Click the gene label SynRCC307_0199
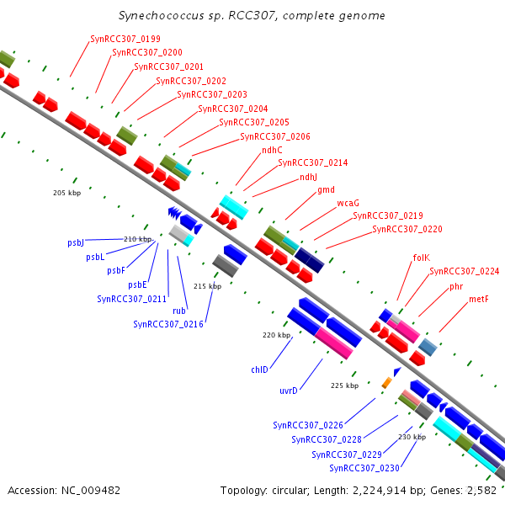click(x=125, y=39)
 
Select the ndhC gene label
click(x=272, y=150)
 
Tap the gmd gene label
click(x=326, y=190)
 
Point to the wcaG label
click(x=348, y=203)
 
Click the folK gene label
click(x=422, y=258)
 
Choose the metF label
click(x=479, y=299)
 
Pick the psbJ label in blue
click(x=76, y=243)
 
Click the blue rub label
click(x=179, y=311)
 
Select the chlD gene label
click(x=259, y=369)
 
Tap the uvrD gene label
click(x=289, y=391)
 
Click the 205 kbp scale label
click(x=67, y=193)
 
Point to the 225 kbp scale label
click(x=344, y=385)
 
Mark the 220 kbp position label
click(x=276, y=335)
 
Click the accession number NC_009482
click(x=91, y=491)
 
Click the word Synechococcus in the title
click(x=162, y=15)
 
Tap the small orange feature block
click(x=387, y=383)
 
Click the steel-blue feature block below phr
click(x=428, y=347)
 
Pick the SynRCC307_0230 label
click(x=364, y=468)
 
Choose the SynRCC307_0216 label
click(x=168, y=324)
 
